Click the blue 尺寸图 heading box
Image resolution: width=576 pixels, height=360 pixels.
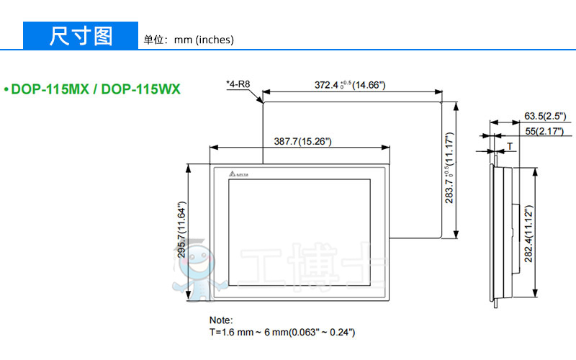pos(81,35)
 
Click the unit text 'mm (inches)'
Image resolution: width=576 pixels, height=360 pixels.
pos(204,40)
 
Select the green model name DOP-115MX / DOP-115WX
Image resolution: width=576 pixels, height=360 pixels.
pos(96,89)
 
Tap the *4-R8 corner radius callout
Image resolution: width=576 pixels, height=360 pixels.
pos(238,84)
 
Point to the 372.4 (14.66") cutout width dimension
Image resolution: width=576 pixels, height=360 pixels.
pos(350,85)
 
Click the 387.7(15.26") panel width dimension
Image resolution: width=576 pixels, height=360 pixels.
pos(302,141)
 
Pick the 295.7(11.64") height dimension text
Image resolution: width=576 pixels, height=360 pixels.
pos(182,230)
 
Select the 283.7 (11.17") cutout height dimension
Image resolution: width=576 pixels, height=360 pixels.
pos(449,168)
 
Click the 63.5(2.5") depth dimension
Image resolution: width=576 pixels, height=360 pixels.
pos(545,116)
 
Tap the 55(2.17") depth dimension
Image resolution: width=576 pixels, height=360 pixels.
pos(544,131)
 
